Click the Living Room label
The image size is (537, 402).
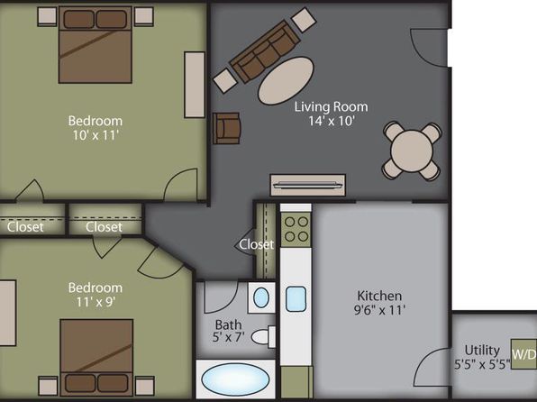[332, 106]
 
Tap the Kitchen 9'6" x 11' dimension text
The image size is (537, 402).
[379, 310]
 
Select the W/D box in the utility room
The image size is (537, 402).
[523, 354]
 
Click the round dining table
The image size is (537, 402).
[412, 151]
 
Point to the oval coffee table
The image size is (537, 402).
[286, 80]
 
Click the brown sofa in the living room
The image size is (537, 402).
[265, 51]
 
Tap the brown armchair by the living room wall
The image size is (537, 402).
[226, 128]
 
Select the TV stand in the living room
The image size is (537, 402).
[308, 185]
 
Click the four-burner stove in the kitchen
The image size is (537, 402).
[296, 229]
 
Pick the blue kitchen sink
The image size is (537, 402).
[296, 299]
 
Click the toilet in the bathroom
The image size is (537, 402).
[263, 337]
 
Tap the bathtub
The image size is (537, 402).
[236, 379]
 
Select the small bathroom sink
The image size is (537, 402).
[261, 297]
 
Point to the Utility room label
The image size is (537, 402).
[482, 351]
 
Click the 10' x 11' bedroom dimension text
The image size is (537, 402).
[96, 135]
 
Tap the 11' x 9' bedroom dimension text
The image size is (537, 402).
[96, 302]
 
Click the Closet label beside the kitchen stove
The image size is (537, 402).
[257, 244]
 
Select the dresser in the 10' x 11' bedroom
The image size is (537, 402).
[195, 85]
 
